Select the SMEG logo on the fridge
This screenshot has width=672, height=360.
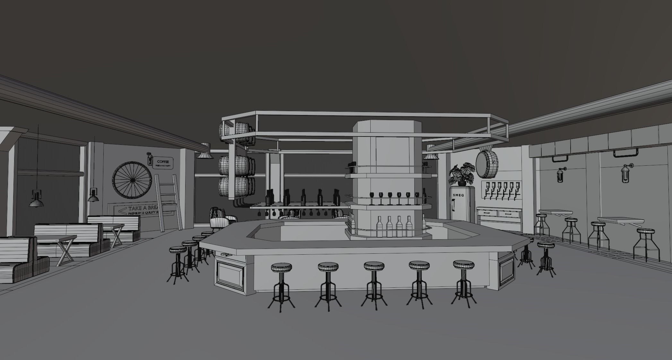458,195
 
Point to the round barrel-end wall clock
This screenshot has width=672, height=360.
486,164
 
